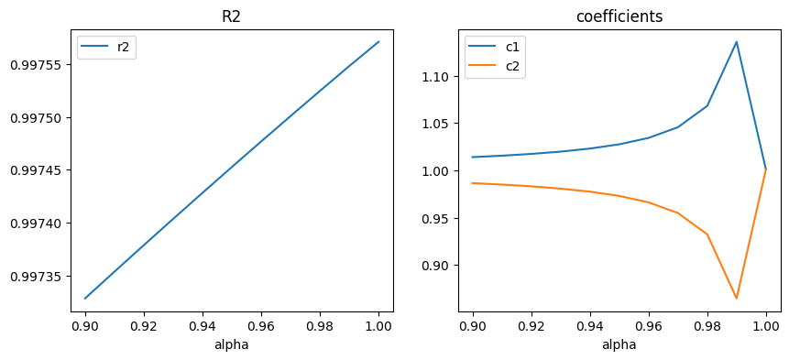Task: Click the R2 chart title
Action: click(x=232, y=16)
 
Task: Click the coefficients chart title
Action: click(x=619, y=16)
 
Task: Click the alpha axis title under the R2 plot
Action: click(x=232, y=345)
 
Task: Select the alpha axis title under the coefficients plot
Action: click(x=619, y=345)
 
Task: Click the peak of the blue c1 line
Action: click(x=737, y=41)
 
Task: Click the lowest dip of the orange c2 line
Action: click(x=737, y=298)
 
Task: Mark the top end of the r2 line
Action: click(x=378, y=41)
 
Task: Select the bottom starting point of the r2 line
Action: click(x=85, y=298)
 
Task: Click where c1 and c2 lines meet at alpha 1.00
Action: click(x=766, y=169)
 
